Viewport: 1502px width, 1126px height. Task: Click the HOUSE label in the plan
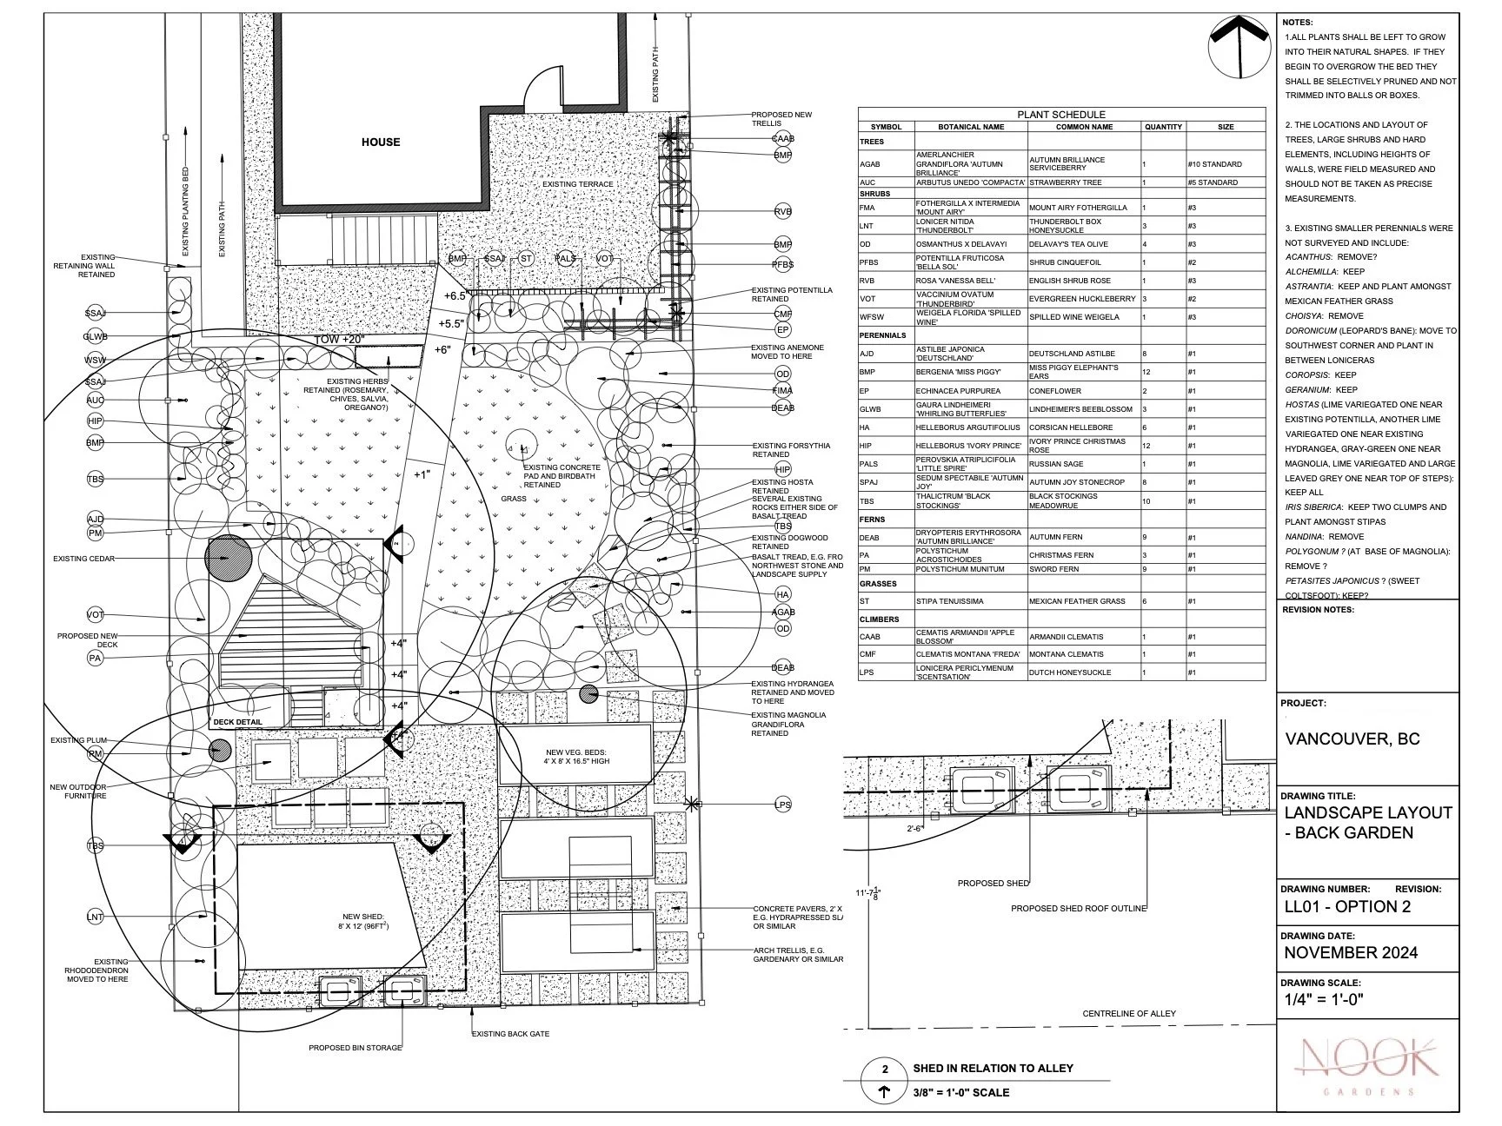click(381, 142)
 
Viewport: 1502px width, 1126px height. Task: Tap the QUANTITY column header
click(1163, 127)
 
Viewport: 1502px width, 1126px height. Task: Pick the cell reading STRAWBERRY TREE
click(1065, 182)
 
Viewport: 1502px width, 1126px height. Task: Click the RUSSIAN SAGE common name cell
click(1056, 464)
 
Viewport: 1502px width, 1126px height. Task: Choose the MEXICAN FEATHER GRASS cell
click(1071, 601)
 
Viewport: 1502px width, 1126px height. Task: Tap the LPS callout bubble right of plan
click(782, 805)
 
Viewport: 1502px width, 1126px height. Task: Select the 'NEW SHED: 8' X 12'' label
click(365, 922)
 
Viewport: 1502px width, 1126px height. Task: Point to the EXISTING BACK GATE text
click(510, 1034)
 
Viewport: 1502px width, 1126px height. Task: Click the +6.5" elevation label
click(455, 295)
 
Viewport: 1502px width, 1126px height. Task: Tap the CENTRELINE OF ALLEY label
click(1128, 1013)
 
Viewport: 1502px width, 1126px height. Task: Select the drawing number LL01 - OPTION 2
click(1346, 907)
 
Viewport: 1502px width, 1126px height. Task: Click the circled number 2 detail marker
click(885, 1069)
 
